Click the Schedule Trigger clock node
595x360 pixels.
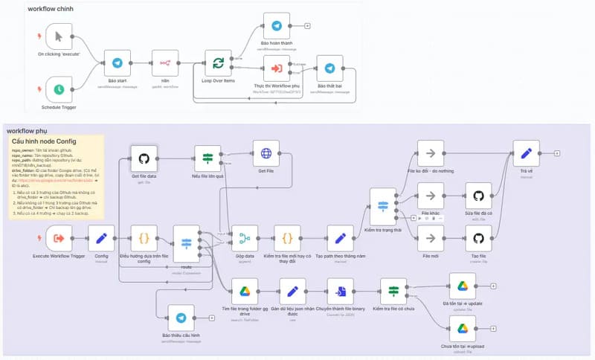(x=58, y=91)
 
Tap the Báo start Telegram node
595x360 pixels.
(x=117, y=63)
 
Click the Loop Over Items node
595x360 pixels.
(x=218, y=63)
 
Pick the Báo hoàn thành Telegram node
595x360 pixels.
(x=277, y=26)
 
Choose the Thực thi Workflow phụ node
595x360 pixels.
(x=277, y=68)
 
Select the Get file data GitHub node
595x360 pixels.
(x=145, y=158)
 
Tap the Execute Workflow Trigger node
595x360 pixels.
(x=60, y=239)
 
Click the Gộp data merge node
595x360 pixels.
(x=245, y=239)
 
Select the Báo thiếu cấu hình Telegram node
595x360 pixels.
(x=181, y=318)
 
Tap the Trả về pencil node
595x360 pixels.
(x=527, y=155)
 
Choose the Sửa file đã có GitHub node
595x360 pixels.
(x=479, y=196)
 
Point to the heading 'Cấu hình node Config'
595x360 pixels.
(x=45, y=141)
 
